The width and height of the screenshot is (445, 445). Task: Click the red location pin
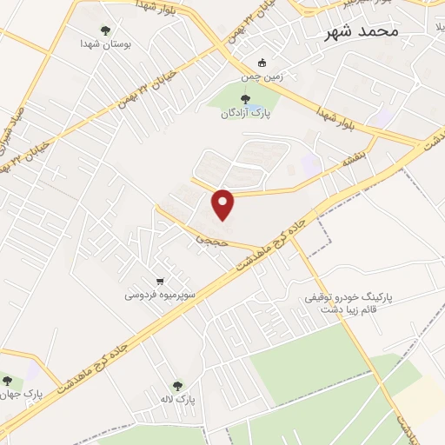[x=224, y=204]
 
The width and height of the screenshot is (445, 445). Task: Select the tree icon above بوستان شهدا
[x=106, y=30]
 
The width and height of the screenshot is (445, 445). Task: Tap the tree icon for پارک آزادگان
[x=245, y=99]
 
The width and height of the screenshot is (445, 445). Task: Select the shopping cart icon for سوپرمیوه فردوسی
[x=160, y=281]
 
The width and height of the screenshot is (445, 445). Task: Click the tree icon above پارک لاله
[x=177, y=386]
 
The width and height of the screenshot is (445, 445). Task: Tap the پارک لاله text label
[x=177, y=400]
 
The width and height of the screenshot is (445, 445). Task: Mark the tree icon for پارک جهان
[x=7, y=382]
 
